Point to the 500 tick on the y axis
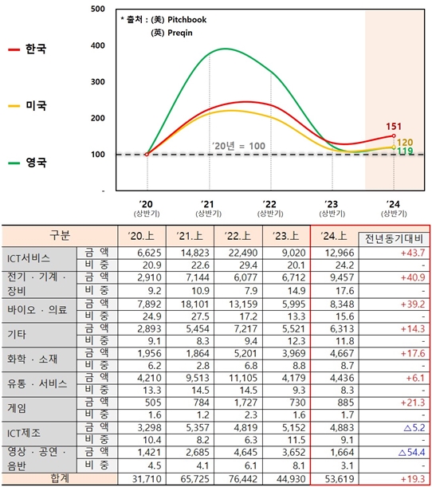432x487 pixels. click(x=98, y=9)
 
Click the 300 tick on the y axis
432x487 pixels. click(x=98, y=82)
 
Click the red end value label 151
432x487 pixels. click(x=393, y=127)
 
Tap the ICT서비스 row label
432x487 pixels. click(x=29, y=258)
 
